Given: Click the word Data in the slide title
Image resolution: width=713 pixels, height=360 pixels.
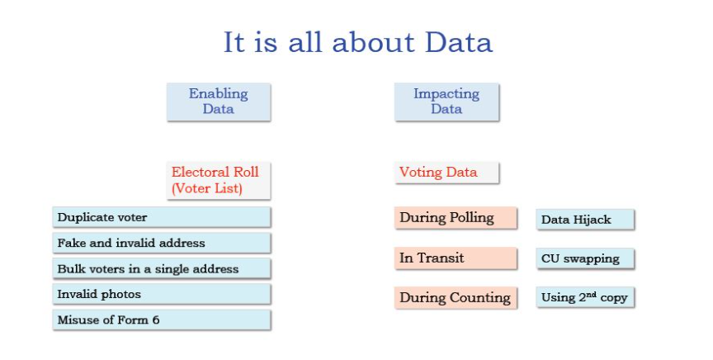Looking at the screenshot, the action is (458, 42).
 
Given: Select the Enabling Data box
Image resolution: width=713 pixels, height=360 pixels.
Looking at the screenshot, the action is (219, 102).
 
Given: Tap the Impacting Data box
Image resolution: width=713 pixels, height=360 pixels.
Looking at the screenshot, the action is (446, 102).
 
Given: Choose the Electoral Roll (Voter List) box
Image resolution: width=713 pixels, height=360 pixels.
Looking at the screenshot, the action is (219, 180).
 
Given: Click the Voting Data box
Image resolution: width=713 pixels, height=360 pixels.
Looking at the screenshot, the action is (446, 173).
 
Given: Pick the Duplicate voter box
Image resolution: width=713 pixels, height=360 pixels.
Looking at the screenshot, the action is (162, 217).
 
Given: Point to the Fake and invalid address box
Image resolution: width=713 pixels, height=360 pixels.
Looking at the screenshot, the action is (162, 243).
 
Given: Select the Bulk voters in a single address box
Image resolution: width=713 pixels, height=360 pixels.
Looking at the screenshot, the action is (162, 268).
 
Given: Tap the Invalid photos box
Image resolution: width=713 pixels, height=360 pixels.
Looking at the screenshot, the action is (162, 294).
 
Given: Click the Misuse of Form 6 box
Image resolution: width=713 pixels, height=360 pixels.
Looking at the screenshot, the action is (162, 320).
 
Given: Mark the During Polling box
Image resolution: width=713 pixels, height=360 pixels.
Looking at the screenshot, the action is (456, 218).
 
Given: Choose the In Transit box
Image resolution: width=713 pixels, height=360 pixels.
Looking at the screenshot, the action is (456, 258).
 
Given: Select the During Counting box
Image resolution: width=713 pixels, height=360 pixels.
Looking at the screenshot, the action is (456, 297).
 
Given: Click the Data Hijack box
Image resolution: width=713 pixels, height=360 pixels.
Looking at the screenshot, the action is (585, 220).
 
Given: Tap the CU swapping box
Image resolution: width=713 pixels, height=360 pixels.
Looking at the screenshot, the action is (585, 258).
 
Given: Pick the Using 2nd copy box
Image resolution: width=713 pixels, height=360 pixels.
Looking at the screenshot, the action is (585, 297).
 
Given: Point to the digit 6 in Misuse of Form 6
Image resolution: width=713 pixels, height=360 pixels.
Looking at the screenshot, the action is (156, 320).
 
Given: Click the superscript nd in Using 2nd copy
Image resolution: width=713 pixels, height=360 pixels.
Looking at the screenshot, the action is (591, 295).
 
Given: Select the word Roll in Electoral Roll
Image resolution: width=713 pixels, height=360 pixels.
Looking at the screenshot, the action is (246, 172).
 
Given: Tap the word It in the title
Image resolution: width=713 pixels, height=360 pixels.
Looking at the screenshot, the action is (234, 42).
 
